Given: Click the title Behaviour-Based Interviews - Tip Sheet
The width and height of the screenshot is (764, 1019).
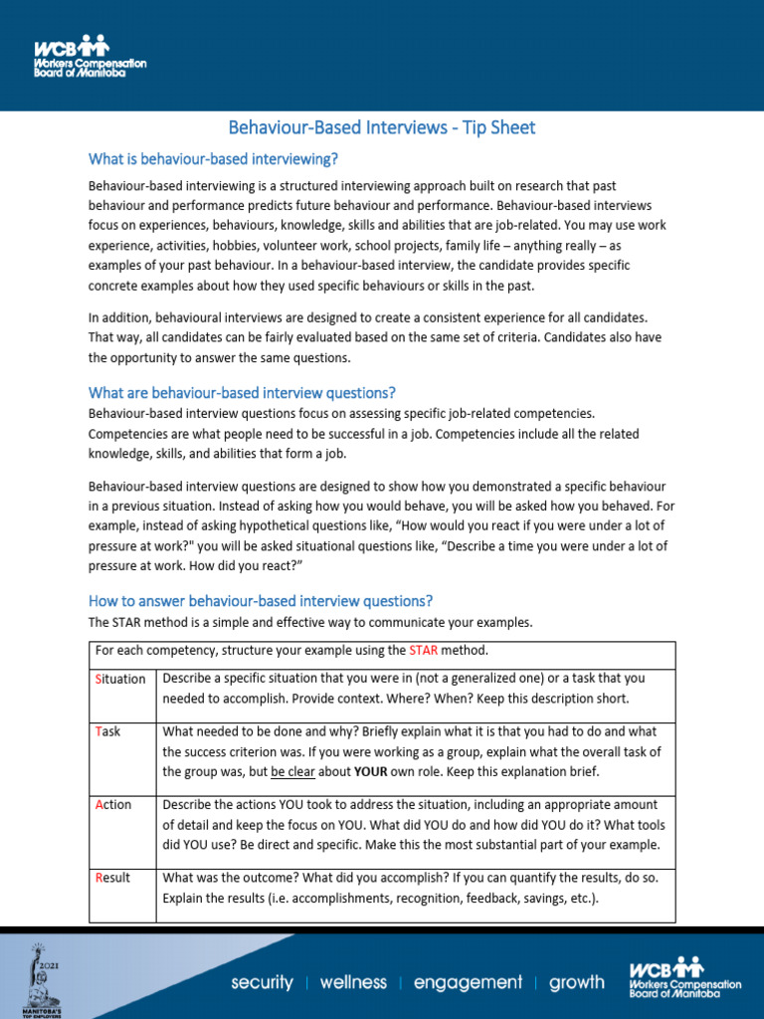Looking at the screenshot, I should (x=382, y=127).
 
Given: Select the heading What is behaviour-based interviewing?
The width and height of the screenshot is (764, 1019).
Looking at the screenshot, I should (x=214, y=158).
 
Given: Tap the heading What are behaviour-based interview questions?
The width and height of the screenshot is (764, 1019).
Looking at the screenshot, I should (x=242, y=392).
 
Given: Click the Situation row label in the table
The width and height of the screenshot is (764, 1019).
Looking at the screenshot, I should (x=120, y=679).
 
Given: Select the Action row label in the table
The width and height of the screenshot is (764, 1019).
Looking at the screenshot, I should (x=113, y=805).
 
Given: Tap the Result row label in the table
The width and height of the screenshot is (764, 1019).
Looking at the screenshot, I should (x=112, y=879).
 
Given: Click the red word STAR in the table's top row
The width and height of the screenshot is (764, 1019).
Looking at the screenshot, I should (x=424, y=651).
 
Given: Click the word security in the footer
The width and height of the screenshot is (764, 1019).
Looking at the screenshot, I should (x=262, y=982).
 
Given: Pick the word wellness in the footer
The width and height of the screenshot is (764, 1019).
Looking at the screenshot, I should (x=353, y=982).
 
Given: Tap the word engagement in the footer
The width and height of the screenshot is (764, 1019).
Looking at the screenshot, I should (x=467, y=982).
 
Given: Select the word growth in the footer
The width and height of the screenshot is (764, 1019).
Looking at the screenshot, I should (x=576, y=982).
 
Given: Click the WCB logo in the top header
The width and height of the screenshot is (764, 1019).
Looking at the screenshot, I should (x=90, y=58).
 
